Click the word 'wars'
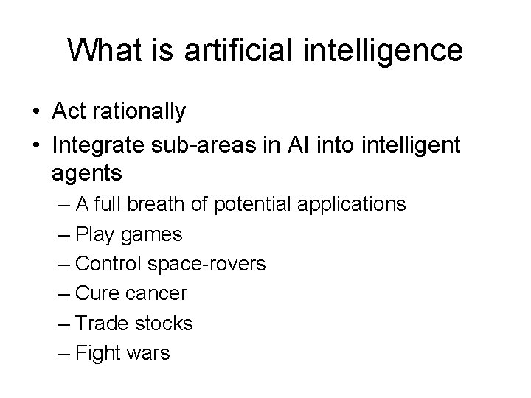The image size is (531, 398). tap(147, 352)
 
